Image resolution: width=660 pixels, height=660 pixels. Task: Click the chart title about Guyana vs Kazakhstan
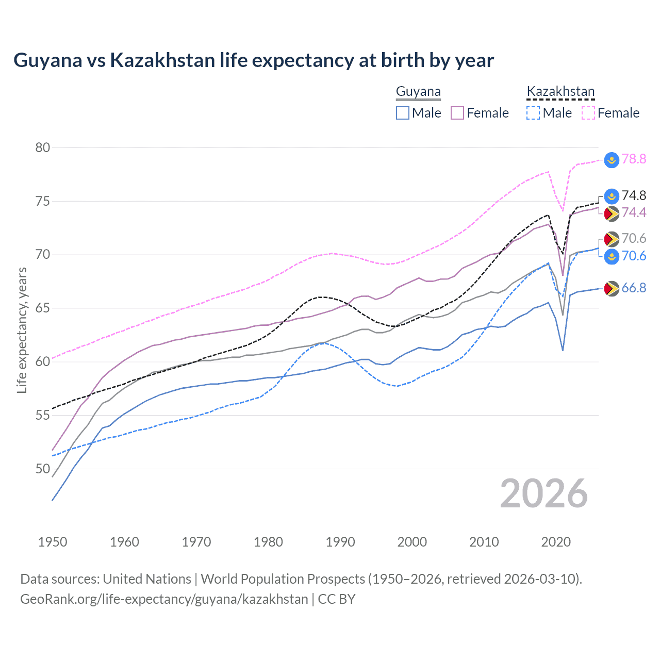pyautogui.click(x=253, y=60)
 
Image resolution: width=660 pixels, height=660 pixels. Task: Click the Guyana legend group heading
pyautogui.click(x=418, y=92)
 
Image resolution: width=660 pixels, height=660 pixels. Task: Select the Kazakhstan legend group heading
pyautogui.click(x=560, y=92)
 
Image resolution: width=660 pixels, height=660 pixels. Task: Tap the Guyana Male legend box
pyautogui.click(x=403, y=113)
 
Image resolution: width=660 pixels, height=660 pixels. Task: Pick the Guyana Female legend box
pyautogui.click(x=457, y=113)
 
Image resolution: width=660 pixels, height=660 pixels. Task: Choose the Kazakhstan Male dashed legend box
pyautogui.click(x=533, y=113)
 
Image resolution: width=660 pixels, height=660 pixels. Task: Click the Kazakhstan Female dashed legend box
pyautogui.click(x=588, y=113)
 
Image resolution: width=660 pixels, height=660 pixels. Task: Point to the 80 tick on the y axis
pyautogui.click(x=43, y=147)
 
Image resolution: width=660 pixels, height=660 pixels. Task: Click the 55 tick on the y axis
pyautogui.click(x=43, y=415)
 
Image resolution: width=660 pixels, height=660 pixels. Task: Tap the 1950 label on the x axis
pyautogui.click(x=53, y=542)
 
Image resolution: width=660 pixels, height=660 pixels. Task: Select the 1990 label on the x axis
pyautogui.click(x=340, y=542)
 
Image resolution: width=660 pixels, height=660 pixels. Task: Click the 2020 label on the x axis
pyautogui.click(x=556, y=542)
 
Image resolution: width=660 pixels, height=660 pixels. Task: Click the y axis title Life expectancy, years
pyautogui.click(x=22, y=330)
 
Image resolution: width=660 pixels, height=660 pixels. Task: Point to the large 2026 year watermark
pyautogui.click(x=543, y=493)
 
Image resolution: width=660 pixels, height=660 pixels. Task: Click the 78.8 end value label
pyautogui.click(x=634, y=159)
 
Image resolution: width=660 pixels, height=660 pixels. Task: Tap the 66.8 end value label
pyautogui.click(x=634, y=288)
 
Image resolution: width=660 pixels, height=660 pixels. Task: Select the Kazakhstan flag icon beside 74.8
pyautogui.click(x=612, y=196)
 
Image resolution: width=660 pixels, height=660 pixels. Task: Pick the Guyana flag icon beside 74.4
pyautogui.click(x=612, y=213)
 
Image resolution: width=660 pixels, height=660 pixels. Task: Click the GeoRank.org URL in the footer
pyautogui.click(x=164, y=599)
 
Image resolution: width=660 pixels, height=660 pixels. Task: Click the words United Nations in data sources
pyautogui.click(x=147, y=579)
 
